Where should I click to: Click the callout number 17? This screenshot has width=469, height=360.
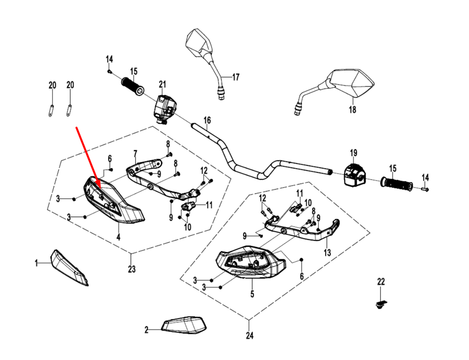235,77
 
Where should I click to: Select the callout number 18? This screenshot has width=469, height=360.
353,110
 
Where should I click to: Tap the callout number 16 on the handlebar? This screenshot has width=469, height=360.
207,120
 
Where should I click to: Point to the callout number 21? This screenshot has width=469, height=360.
162,84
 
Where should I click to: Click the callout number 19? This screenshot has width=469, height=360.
354,153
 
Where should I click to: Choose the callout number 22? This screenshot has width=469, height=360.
381,281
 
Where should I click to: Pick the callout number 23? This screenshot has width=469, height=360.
131,269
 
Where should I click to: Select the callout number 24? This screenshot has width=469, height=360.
249,336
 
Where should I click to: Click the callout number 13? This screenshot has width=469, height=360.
327,253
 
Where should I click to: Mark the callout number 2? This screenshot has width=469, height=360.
146,330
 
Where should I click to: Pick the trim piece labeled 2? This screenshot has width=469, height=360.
184,324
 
